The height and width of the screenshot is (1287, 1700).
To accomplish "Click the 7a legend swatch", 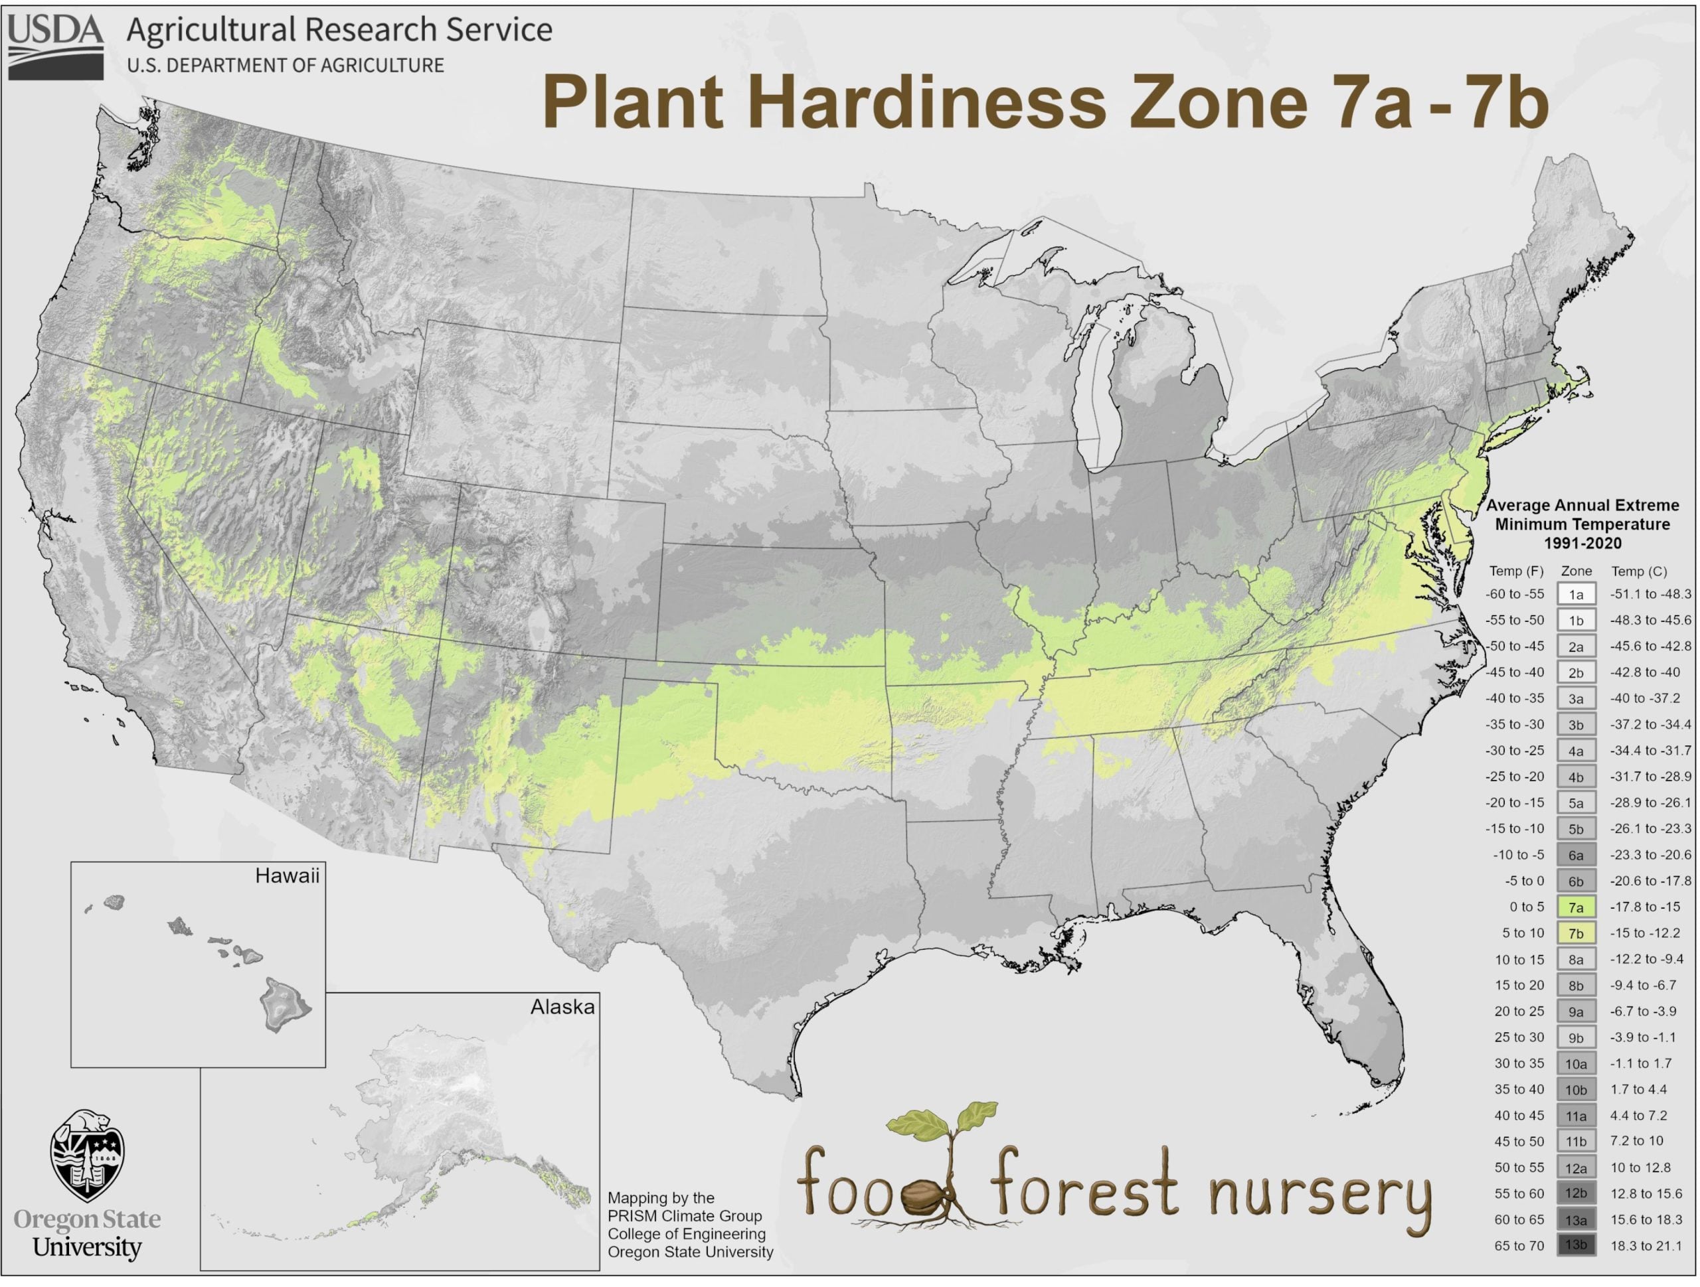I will coord(1576,907).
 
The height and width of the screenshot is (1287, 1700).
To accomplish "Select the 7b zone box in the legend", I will coord(1576,933).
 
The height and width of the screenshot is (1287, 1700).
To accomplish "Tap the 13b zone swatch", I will coord(1576,1245).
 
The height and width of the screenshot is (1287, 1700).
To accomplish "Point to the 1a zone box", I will coord(1576,595).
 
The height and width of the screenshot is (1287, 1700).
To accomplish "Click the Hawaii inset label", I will coord(287,876).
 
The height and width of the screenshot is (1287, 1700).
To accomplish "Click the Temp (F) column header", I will coord(1516,571).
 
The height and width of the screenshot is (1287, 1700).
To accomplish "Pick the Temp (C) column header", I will coord(1640,571).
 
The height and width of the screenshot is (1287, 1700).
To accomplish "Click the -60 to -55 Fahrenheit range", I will coord(1514,595).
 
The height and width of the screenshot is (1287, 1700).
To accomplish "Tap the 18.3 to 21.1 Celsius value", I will coord(1646,1245).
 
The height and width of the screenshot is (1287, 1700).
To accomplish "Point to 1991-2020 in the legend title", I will coord(1582,543).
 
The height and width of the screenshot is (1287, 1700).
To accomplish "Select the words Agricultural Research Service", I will coord(339,30).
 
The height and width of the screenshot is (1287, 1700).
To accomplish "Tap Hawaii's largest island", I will coord(284,1004).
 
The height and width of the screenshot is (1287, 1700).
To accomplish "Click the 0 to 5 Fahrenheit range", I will coord(1526,907).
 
